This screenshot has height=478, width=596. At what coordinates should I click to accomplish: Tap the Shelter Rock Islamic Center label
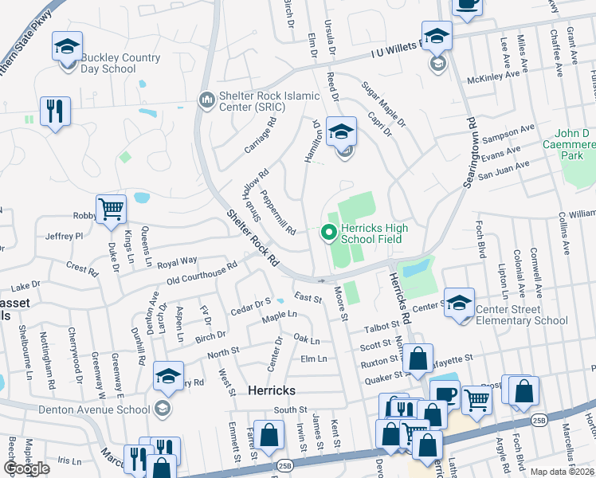[261, 104]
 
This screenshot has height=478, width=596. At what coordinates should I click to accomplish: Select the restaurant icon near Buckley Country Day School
[55, 112]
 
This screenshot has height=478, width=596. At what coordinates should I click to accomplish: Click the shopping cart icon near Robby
[111, 210]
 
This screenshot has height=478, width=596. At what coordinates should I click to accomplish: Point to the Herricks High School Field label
[374, 233]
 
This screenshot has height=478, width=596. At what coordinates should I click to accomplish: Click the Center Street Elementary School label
[521, 315]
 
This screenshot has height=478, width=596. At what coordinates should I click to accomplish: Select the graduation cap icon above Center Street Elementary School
[460, 302]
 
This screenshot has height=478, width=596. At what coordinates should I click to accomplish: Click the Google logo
[27, 468]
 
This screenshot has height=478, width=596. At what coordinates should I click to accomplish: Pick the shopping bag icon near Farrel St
[269, 434]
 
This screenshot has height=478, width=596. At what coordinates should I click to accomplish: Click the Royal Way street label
[177, 261]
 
